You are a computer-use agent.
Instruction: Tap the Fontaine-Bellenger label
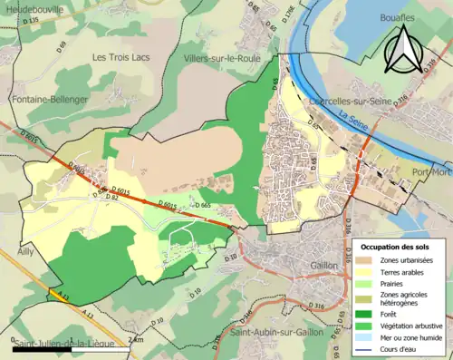[49, 98]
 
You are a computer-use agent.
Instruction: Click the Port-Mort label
[430, 172]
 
